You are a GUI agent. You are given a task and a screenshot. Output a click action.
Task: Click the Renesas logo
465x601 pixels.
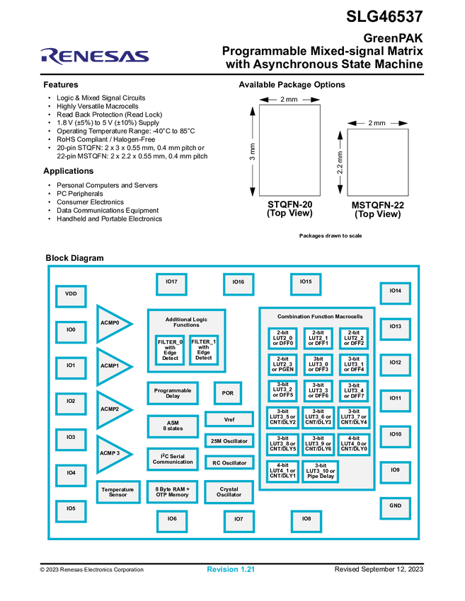[95, 56]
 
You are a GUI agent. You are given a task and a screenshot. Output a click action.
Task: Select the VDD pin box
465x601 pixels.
[71, 293]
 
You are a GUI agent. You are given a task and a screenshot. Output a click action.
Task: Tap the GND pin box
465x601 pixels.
[395, 506]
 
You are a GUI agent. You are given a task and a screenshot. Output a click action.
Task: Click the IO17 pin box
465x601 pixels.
[171, 281]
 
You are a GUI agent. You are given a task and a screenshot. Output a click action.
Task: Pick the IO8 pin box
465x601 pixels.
[306, 520]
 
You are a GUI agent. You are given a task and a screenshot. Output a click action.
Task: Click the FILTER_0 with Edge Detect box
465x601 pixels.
[170, 349]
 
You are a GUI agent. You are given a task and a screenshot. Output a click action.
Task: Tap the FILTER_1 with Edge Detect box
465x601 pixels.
[204, 349]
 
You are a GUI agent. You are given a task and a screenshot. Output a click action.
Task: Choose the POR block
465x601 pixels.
[228, 393]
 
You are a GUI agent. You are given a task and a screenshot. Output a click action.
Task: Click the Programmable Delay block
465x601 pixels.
[173, 393]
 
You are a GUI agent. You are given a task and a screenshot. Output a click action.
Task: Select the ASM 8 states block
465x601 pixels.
[173, 425]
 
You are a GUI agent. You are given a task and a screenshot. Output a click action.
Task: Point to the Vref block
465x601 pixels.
[229, 419]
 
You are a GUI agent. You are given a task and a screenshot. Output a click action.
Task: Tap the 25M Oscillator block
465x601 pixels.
[229, 441]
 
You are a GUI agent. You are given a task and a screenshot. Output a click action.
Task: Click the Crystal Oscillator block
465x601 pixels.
[229, 492]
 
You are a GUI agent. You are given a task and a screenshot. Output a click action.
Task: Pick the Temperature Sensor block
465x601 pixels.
[117, 492]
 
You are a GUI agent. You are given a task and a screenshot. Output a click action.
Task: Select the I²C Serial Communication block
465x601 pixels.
[173, 459]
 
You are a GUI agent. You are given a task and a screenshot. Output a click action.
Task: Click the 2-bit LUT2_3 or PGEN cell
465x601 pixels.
[282, 364]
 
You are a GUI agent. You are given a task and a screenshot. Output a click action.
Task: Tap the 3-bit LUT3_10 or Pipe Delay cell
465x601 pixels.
[320, 471]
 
